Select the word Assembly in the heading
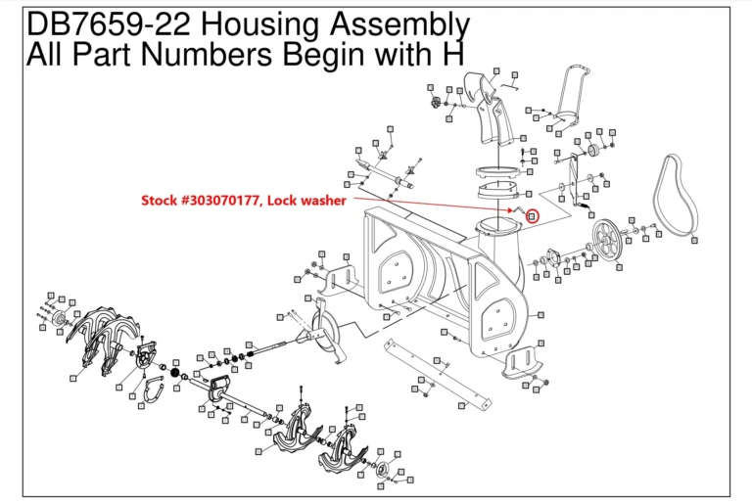pos(404,24)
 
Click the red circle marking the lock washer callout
pos(533,215)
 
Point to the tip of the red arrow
pos(515,208)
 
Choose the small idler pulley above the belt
pos(592,148)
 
